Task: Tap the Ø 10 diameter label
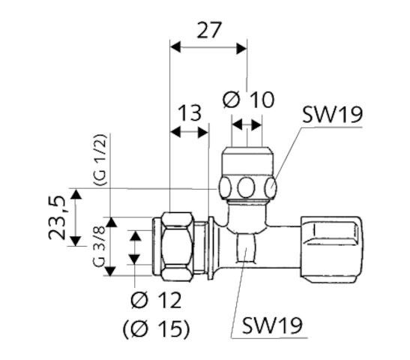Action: tap(249, 99)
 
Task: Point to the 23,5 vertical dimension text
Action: tap(61, 217)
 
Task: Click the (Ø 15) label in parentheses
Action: tap(155, 328)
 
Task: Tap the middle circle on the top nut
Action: tap(249, 186)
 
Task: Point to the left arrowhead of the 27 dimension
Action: tap(175, 48)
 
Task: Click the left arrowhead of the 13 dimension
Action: tap(175, 132)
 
